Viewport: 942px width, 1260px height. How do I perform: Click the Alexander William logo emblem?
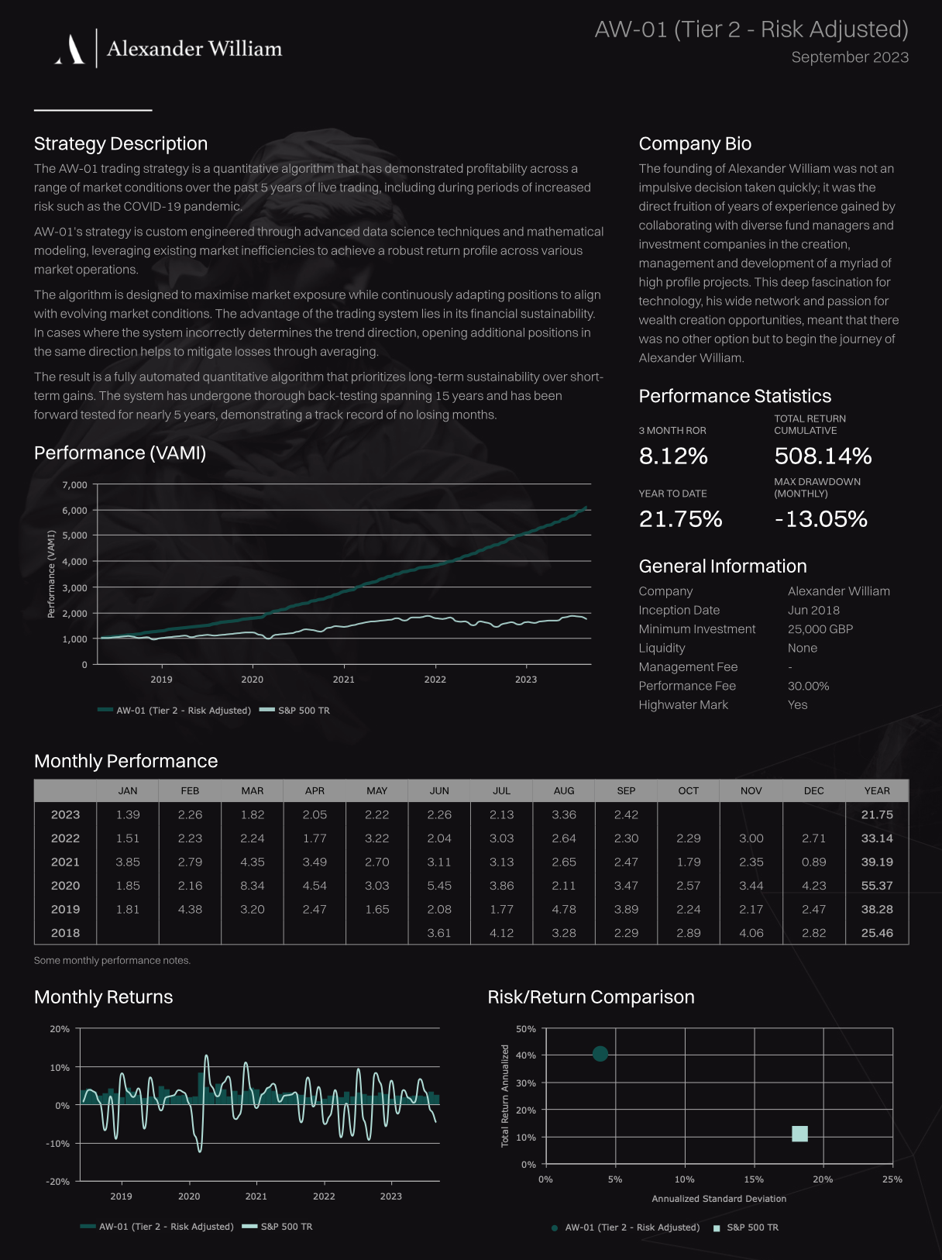[70, 49]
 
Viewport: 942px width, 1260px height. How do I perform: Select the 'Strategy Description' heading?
[121, 143]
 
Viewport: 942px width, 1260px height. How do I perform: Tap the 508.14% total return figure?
[823, 456]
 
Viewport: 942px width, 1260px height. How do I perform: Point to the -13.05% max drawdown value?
[821, 518]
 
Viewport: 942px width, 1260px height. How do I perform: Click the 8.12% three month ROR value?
[673, 456]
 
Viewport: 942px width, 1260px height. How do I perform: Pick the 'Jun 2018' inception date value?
[813, 610]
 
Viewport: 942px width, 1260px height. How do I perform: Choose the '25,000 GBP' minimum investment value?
[820, 628]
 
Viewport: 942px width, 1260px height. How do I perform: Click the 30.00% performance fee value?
[808, 686]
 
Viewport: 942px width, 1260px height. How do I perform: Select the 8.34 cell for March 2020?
[253, 885]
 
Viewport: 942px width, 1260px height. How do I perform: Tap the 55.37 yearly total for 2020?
[877, 885]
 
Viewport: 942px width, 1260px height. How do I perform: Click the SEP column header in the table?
[626, 790]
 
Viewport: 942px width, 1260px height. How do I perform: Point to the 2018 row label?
[65, 932]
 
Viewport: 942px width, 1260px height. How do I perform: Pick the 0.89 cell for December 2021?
[813, 861]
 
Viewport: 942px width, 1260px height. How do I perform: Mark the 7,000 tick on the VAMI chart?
[74, 484]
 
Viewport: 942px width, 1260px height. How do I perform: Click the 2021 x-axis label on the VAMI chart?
[343, 679]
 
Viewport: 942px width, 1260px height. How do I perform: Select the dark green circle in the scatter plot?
[600, 1053]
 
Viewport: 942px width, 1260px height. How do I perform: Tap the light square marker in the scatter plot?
[799, 1134]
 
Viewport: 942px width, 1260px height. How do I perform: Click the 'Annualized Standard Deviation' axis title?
[719, 1198]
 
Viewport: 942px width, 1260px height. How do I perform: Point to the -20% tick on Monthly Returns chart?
[58, 1181]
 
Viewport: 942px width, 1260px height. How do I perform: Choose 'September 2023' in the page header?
[850, 57]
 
